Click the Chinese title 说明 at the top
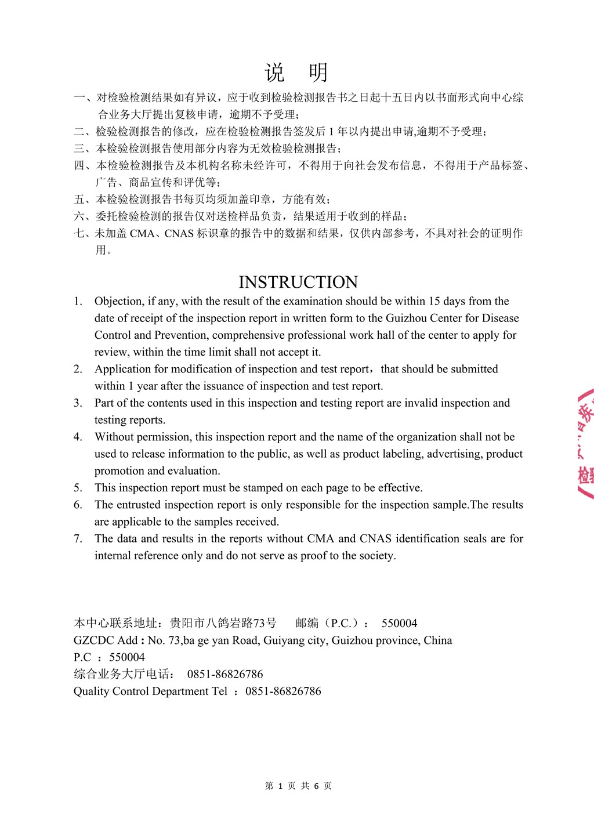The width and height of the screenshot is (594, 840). [297, 73]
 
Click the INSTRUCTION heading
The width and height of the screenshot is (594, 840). [298, 282]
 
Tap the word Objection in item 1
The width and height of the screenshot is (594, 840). [119, 301]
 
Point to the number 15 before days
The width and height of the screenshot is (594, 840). [434, 301]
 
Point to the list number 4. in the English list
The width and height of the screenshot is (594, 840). [78, 437]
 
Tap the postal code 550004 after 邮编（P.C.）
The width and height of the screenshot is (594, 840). [399, 623]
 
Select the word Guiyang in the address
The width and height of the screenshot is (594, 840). [284, 640]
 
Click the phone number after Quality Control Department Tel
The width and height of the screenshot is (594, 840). [283, 691]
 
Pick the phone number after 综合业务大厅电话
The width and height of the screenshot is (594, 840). [225, 674]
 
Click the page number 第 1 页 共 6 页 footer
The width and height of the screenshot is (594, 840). [298, 786]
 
